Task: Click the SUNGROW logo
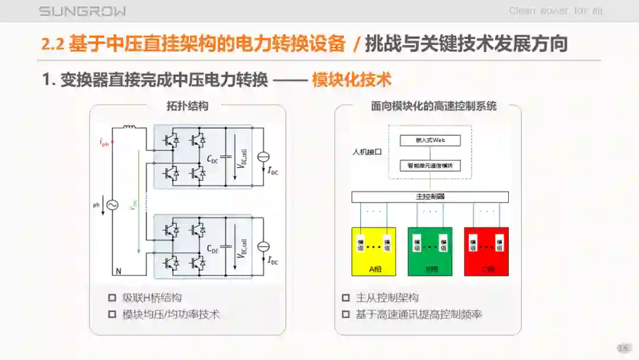click(82, 11)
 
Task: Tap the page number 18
click(622, 348)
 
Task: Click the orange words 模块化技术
click(351, 80)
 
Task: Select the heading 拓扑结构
click(187, 107)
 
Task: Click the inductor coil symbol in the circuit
click(130, 128)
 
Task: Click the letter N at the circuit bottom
click(118, 272)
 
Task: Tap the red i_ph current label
click(104, 142)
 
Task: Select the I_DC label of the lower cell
click(273, 260)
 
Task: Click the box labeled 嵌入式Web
click(430, 140)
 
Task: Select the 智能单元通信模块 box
click(430, 166)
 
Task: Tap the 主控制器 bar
click(430, 197)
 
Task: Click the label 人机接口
click(367, 152)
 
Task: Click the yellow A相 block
click(374, 251)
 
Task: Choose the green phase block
click(430, 251)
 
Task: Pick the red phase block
click(486, 251)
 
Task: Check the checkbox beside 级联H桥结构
click(112, 298)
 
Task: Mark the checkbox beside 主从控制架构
click(346, 298)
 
